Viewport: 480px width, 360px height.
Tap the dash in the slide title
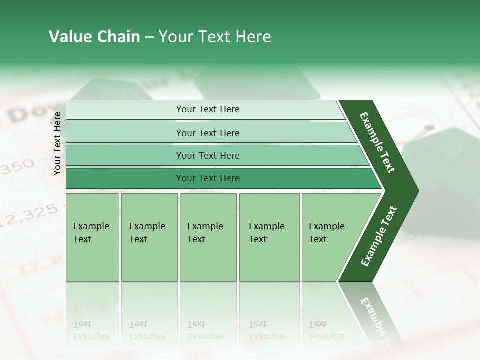tap(149, 37)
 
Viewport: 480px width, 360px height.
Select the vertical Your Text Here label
tap(57, 143)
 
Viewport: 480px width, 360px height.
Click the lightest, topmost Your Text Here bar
tap(207, 109)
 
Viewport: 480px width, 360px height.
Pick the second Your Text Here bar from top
tap(207, 133)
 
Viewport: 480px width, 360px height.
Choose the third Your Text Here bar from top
tap(207, 155)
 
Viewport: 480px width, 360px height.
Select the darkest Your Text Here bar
tap(207, 178)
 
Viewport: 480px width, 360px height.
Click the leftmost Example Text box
tap(92, 237)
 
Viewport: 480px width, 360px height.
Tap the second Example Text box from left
tap(149, 237)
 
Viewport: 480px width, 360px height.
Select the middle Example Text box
tap(208, 237)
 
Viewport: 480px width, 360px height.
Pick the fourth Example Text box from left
tap(269, 237)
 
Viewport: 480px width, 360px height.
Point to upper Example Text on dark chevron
tap(378, 142)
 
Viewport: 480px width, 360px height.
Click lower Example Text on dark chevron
tap(379, 236)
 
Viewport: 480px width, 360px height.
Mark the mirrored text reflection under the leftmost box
tap(92, 330)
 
